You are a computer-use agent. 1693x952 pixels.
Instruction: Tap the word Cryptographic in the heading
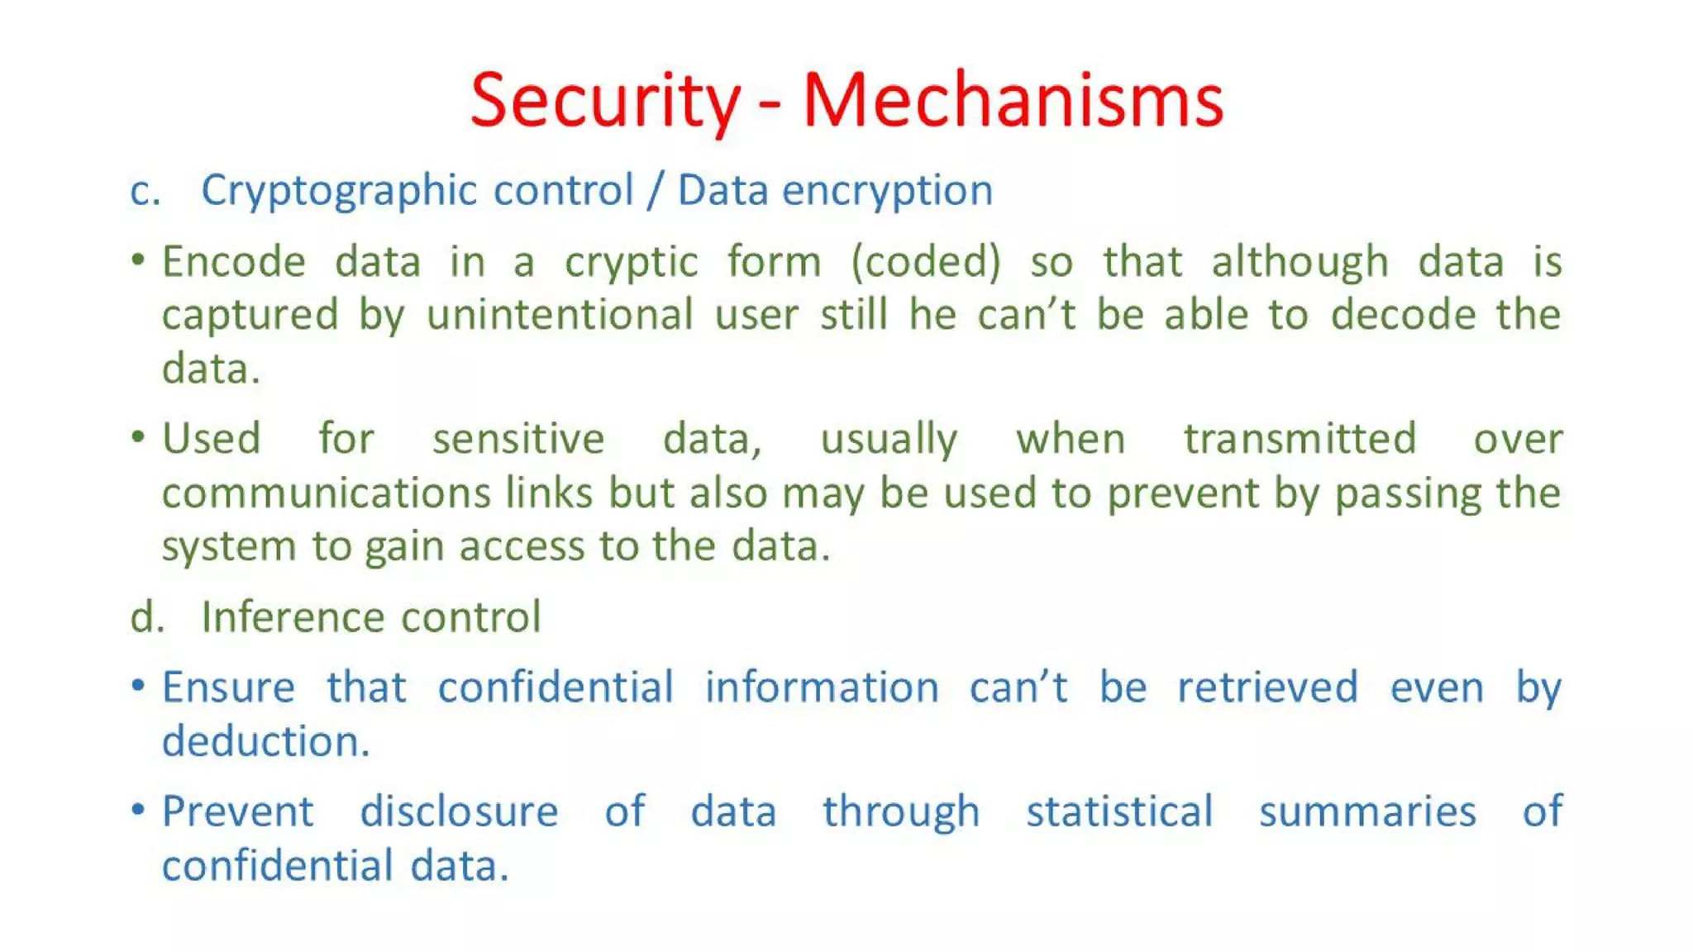(339, 192)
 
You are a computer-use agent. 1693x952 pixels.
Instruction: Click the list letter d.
(147, 617)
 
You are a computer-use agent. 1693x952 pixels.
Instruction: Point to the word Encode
(234, 263)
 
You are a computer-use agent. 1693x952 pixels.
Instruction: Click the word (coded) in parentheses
(926, 263)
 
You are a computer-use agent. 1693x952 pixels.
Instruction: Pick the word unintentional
(560, 316)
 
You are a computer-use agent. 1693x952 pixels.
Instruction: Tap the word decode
(1403, 316)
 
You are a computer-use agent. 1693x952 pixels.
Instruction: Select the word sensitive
(518, 440)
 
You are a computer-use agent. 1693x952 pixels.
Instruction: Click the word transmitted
(1300, 440)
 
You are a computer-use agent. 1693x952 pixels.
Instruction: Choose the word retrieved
(1267, 688)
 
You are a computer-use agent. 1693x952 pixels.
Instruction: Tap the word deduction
(265, 741)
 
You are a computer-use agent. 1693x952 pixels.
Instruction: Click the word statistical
(1119, 812)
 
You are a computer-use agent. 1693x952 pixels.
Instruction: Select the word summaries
(1367, 812)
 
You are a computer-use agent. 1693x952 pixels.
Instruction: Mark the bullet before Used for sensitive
(138, 436)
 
